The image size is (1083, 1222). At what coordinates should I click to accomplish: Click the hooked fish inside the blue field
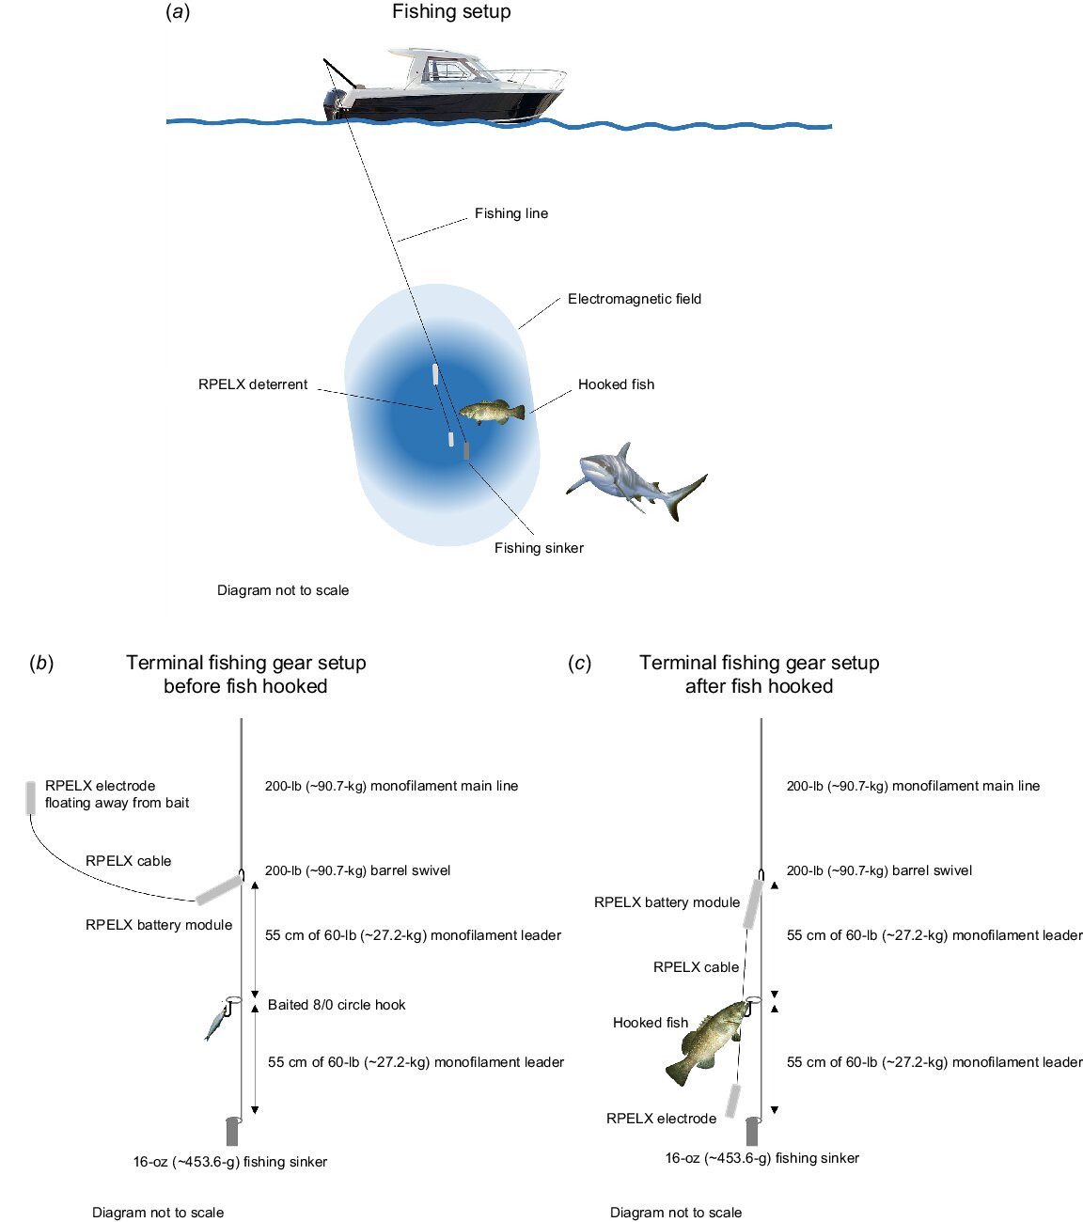point(491,412)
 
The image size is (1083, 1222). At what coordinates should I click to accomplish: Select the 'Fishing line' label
point(510,213)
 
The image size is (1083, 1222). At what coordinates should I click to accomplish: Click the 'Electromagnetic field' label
point(635,299)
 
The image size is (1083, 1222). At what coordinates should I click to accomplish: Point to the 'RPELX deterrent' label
point(253,384)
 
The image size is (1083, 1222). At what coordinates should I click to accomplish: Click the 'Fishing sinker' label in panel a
point(539,548)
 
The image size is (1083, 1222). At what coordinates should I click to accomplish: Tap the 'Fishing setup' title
point(451,12)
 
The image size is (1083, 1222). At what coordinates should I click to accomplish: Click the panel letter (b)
point(41,663)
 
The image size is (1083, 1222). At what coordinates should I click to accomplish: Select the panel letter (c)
point(579,663)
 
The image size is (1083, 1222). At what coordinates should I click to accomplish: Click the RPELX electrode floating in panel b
point(32,795)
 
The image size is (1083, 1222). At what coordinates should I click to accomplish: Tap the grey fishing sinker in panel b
point(232,1131)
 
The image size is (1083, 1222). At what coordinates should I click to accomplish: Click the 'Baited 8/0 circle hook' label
point(337,1005)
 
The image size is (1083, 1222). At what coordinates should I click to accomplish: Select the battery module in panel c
point(752,902)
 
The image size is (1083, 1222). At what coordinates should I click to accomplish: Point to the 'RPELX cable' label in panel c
point(696,967)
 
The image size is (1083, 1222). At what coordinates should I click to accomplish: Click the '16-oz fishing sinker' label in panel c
point(762,1158)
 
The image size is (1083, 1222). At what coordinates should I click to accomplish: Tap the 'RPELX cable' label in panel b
point(129,861)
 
